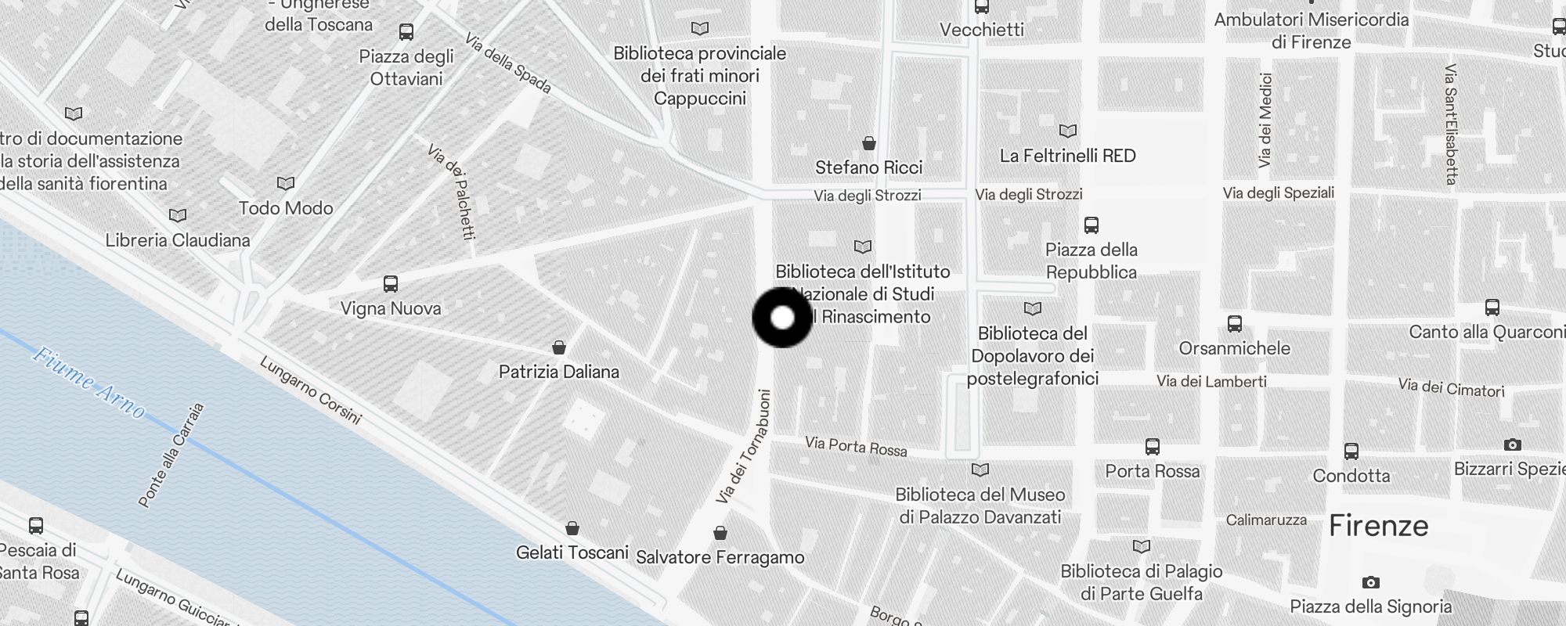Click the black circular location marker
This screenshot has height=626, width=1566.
pyautogui.click(x=782, y=318)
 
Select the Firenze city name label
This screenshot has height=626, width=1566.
pyautogui.click(x=1378, y=526)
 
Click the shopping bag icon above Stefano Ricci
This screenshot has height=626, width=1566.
pyautogui.click(x=868, y=143)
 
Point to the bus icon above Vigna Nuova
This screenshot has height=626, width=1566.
pyautogui.click(x=391, y=284)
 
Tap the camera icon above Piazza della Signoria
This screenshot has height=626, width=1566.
pyautogui.click(x=1370, y=582)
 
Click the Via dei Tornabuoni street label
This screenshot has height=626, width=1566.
pyautogui.click(x=743, y=447)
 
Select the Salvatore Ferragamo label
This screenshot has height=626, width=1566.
pyautogui.click(x=720, y=557)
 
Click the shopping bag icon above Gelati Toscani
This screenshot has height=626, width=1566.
pyautogui.click(x=572, y=528)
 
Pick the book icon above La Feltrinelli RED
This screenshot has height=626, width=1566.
pyautogui.click(x=1067, y=131)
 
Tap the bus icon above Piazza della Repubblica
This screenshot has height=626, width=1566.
pyautogui.click(x=1091, y=225)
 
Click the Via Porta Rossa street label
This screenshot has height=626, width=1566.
pyautogui.click(x=856, y=447)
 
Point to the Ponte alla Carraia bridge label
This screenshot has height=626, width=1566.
pyautogui.click(x=171, y=455)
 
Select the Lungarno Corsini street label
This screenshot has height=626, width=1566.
pyautogui.click(x=310, y=390)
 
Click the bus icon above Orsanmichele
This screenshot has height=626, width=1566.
pyautogui.click(x=1235, y=323)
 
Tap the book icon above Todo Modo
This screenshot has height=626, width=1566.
pyautogui.click(x=286, y=183)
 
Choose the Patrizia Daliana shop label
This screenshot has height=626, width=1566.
pyautogui.click(x=559, y=372)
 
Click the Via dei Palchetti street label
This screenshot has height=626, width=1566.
pyautogui.click(x=452, y=191)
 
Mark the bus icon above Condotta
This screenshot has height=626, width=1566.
pyautogui.click(x=1351, y=452)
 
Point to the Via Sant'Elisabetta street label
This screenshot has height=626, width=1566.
pyautogui.click(x=1450, y=124)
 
